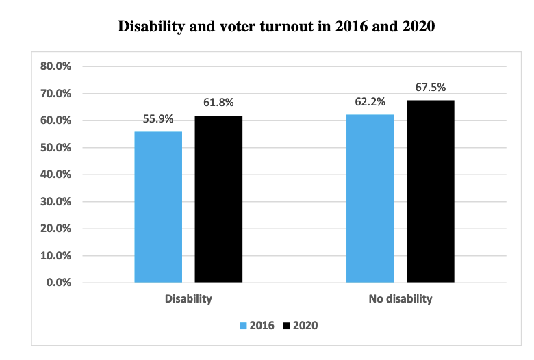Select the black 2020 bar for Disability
tap(218, 199)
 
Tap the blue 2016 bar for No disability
tap(370, 198)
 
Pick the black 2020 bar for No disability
tap(431, 191)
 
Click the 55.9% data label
tap(158, 118)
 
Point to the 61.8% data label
tap(218, 103)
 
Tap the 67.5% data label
tap(431, 87)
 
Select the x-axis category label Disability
tap(188, 299)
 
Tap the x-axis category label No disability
tap(400, 299)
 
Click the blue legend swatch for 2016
tap(244, 325)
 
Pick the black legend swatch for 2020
tap(287, 325)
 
